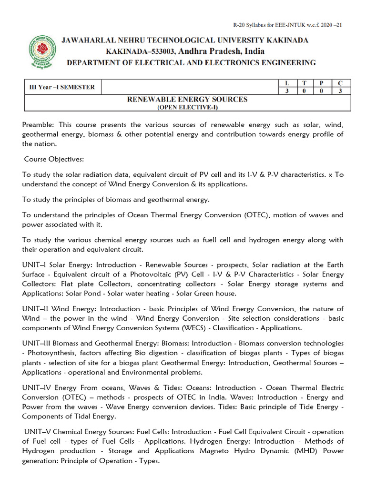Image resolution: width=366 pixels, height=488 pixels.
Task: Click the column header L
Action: coord(286,83)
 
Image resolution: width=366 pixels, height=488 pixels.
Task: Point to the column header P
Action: coord(322,83)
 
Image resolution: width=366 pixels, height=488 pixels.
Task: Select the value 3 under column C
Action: coord(340,91)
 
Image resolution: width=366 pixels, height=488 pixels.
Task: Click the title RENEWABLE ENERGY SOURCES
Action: coord(187,99)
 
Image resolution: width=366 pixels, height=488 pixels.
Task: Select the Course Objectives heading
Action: coord(53,159)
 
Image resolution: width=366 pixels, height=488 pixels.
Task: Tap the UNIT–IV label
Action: coord(39,388)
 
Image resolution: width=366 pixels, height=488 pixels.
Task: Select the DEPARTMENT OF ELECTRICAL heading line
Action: coord(191,62)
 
